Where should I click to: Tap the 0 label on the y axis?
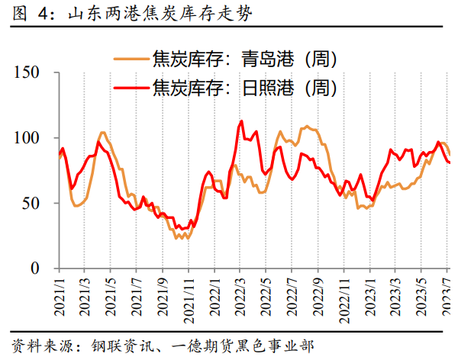click(45, 269)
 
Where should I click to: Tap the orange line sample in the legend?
click(131, 59)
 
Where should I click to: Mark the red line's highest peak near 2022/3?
click(241, 121)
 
